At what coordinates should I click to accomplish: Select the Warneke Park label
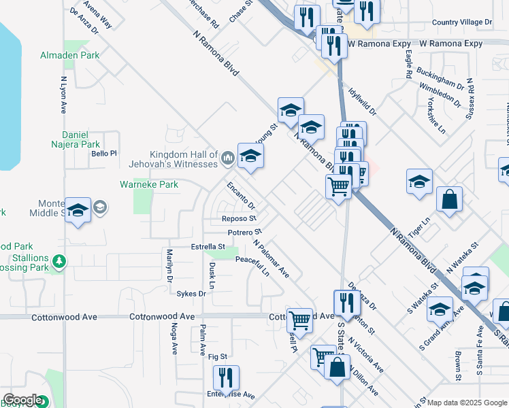149,184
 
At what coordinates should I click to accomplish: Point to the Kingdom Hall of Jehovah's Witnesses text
173,159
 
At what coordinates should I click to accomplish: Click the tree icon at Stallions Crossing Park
59,260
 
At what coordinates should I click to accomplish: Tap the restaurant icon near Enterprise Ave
226,378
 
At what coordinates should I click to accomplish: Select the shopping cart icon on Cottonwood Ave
299,320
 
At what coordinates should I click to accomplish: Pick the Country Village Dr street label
461,22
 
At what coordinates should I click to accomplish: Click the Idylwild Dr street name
361,100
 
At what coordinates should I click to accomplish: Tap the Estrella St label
208,246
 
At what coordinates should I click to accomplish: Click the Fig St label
217,356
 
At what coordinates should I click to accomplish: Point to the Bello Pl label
104,154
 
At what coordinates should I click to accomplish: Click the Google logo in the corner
22,400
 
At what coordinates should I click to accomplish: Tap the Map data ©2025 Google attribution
467,403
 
